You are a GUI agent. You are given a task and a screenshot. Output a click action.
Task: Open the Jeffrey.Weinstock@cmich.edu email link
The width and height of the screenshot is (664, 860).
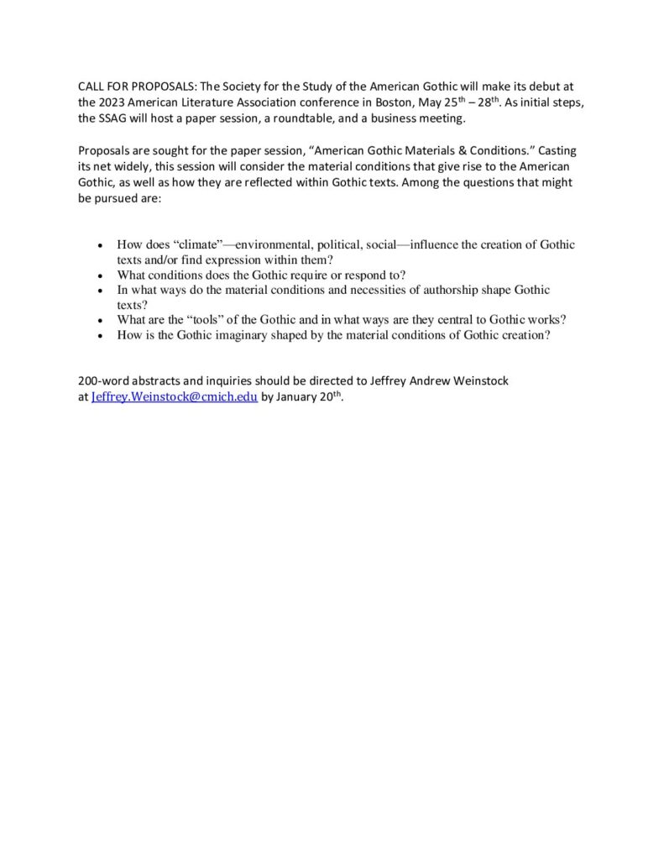pos(174,397)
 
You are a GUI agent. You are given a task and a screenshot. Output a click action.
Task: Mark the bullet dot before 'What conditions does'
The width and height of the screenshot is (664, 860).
pos(101,275)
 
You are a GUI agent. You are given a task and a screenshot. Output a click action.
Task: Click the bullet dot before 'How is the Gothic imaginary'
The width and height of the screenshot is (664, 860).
pos(101,336)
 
